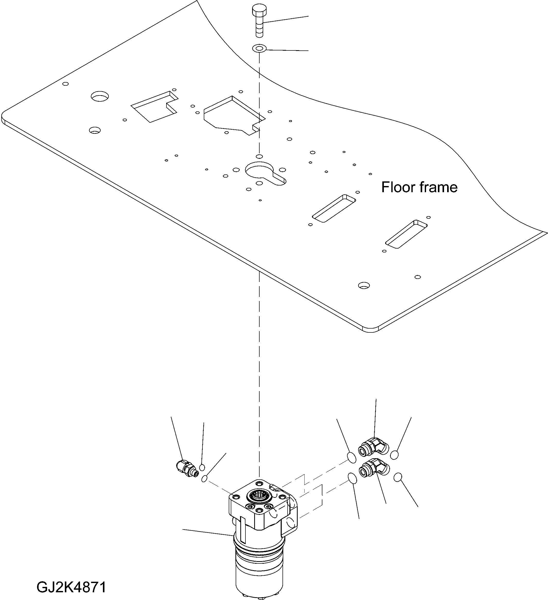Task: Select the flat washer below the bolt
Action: [259, 48]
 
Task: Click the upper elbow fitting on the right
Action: [372, 451]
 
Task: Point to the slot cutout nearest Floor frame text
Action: [334, 208]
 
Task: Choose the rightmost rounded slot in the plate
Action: [406, 234]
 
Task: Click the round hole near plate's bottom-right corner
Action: [363, 285]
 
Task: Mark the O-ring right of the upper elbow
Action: [394, 455]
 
